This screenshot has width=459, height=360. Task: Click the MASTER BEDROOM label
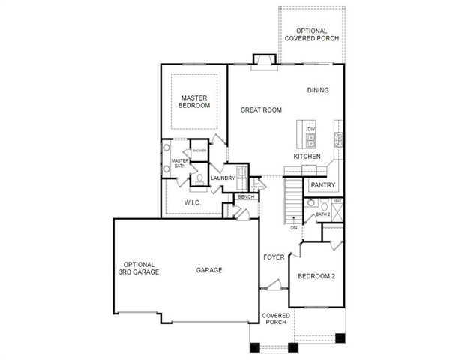(x=193, y=102)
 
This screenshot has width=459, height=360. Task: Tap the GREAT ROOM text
(x=260, y=110)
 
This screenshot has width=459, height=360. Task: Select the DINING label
(x=318, y=90)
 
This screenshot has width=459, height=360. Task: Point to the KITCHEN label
(x=307, y=156)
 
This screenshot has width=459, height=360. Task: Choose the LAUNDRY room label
(x=223, y=178)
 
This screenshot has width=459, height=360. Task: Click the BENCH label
(x=246, y=197)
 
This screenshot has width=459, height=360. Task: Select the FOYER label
(x=274, y=257)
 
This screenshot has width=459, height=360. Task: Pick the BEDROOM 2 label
(x=316, y=276)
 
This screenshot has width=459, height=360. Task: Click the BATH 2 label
(x=322, y=214)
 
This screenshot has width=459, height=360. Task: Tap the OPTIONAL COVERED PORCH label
(x=310, y=34)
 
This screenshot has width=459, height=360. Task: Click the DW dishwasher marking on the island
(x=310, y=129)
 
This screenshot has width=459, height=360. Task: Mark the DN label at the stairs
(x=294, y=226)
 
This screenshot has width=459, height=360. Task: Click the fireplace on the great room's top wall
(x=264, y=59)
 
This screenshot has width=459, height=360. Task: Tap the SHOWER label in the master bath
(x=199, y=151)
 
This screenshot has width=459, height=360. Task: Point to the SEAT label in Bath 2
(x=337, y=201)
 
